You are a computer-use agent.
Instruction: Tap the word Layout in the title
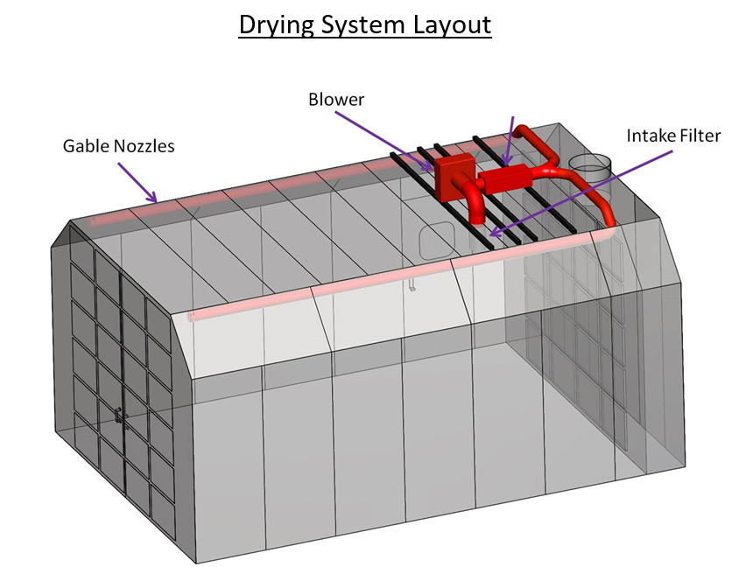453,24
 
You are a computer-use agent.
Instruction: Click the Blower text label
336,100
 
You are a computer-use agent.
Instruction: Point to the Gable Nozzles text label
118,145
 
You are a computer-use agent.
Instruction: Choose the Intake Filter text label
673,136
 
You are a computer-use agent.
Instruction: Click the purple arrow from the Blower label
384,141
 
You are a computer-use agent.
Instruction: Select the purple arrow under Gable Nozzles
137,183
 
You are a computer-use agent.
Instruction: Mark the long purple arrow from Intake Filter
581,193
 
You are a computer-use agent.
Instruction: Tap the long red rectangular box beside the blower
505,178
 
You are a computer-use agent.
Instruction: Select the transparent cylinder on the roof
590,167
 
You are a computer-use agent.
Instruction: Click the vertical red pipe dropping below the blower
476,206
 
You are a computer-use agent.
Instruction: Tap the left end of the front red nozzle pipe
193,317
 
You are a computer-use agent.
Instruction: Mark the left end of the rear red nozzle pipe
92,222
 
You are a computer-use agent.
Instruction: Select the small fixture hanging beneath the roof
412,284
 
